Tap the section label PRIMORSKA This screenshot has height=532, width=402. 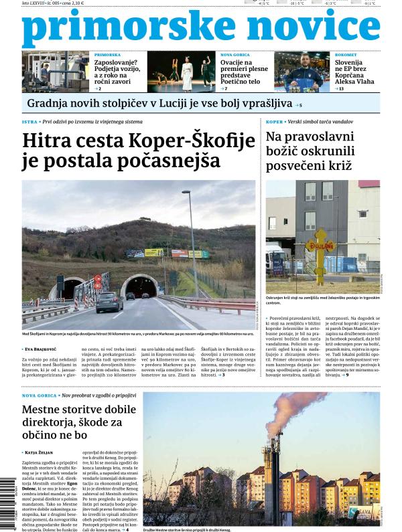(x=107, y=56)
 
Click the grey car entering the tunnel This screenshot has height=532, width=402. (x=109, y=302)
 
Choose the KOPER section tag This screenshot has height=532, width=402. (x=274, y=123)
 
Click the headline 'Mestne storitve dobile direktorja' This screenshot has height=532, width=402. (x=79, y=410)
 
